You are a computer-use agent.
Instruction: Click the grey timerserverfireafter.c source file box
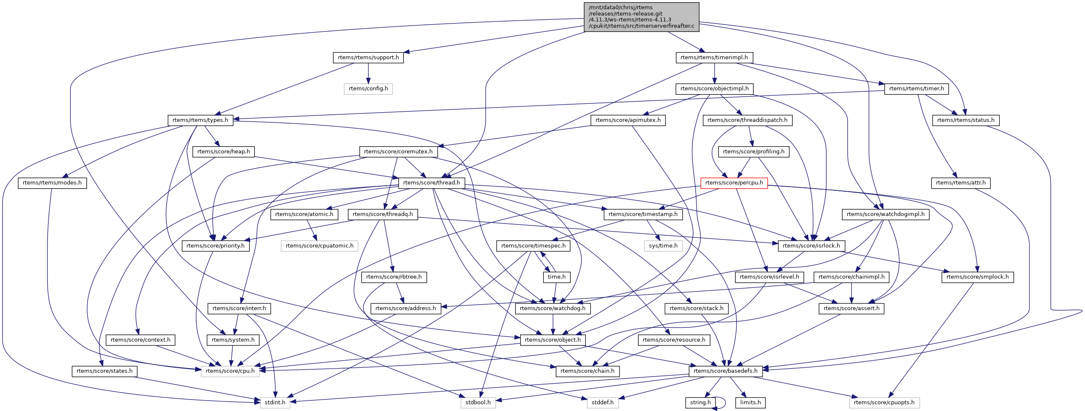click(x=641, y=17)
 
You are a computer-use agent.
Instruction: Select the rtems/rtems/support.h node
click(x=368, y=58)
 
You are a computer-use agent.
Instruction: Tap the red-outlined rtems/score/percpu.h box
click(x=734, y=183)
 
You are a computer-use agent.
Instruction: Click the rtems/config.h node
click(x=368, y=89)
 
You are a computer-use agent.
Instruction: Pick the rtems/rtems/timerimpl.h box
click(x=714, y=58)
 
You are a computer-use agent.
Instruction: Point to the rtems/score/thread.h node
click(x=431, y=183)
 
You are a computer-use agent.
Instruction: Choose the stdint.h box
click(x=275, y=403)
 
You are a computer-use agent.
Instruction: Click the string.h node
click(x=700, y=403)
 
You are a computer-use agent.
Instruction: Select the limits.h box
click(x=750, y=403)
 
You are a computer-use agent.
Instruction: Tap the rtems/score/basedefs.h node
click(x=725, y=371)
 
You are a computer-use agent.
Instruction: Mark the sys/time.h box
click(x=663, y=246)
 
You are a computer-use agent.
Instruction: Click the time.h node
click(x=556, y=277)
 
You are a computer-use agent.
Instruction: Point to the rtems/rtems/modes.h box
click(x=52, y=183)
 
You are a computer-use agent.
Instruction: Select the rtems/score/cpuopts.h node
click(x=884, y=403)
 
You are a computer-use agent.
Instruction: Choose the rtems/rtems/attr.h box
click(x=960, y=183)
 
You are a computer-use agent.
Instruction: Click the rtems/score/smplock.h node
click(x=977, y=277)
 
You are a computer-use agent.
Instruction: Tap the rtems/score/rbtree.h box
click(x=394, y=277)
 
